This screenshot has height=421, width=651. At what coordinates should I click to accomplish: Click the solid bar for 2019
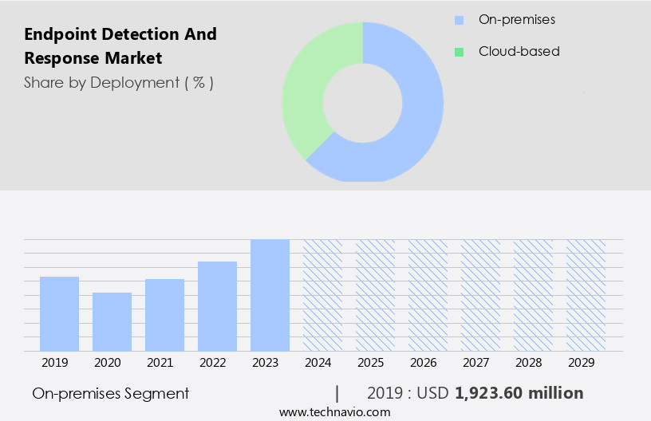click(x=59, y=313)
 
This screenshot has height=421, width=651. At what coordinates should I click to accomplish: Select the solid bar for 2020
click(x=112, y=321)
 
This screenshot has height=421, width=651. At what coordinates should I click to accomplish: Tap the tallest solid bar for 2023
click(x=270, y=295)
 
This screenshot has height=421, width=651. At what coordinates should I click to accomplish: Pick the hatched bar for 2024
click(x=322, y=295)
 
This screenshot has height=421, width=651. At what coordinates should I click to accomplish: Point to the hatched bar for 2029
click(x=586, y=295)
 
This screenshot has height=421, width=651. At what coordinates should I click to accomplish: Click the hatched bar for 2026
click(x=428, y=295)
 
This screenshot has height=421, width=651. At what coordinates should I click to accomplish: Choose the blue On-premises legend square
click(x=459, y=19)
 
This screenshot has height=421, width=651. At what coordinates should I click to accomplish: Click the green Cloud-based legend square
click(x=459, y=52)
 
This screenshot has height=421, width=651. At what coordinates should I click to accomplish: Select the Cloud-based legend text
click(x=519, y=52)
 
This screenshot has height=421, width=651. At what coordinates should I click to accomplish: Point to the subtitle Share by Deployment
click(x=118, y=82)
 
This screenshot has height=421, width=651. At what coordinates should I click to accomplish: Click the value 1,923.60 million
click(x=519, y=393)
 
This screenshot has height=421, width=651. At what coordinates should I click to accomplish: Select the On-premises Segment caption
click(x=111, y=393)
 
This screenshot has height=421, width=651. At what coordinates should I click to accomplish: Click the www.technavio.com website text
click(x=334, y=411)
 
